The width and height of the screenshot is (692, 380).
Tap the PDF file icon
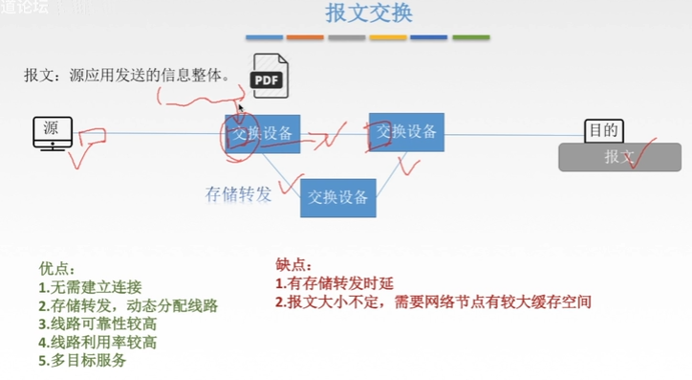tap(269, 76)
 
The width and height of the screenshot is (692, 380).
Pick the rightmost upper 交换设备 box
tap(406, 132)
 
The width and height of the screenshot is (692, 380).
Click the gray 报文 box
tap(619, 156)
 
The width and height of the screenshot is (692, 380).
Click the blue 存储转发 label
tap(239, 193)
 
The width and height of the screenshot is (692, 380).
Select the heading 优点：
tap(56, 269)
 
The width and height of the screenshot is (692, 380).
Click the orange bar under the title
tap(305, 37)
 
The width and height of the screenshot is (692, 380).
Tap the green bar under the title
tap(470, 37)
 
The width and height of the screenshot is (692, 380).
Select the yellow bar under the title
tap(388, 37)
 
